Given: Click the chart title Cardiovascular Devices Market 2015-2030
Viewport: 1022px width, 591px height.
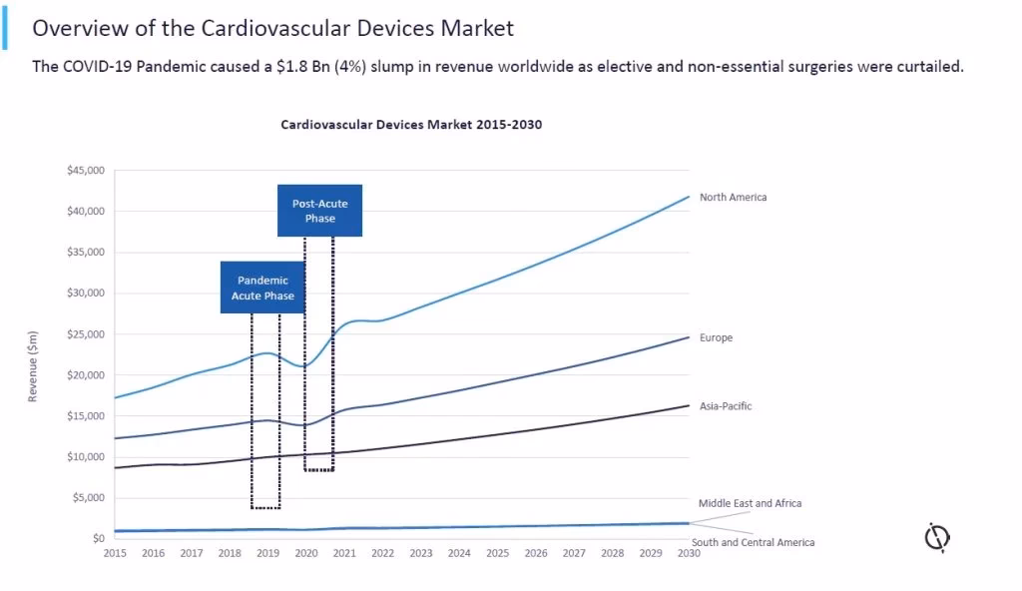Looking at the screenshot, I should pyautogui.click(x=411, y=125).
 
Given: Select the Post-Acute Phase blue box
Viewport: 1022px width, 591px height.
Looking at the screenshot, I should pyautogui.click(x=319, y=211).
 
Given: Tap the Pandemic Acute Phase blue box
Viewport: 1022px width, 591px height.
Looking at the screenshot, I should pyautogui.click(x=262, y=288).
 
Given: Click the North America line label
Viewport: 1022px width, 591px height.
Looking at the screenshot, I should pyautogui.click(x=733, y=198).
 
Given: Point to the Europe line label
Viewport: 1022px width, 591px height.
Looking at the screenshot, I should pyautogui.click(x=716, y=338).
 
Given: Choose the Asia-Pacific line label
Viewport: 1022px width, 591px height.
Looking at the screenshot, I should pyautogui.click(x=726, y=406).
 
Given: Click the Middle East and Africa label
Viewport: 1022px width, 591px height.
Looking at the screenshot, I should pyautogui.click(x=750, y=503).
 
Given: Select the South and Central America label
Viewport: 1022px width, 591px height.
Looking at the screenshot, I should pyautogui.click(x=753, y=542).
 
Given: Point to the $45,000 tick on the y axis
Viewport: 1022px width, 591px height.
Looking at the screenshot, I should pyautogui.click(x=85, y=171).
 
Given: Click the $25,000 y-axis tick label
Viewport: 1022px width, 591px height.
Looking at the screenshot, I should pyautogui.click(x=85, y=334).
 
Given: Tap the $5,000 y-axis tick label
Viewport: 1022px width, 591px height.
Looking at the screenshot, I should pyautogui.click(x=88, y=498).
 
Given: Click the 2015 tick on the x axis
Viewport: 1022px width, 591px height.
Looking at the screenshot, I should pyautogui.click(x=115, y=553).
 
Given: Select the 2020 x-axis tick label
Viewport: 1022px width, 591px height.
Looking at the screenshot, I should pyautogui.click(x=306, y=553).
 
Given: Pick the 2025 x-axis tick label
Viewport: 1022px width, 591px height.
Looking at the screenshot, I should pyautogui.click(x=497, y=553).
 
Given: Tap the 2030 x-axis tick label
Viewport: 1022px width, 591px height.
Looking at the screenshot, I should pyautogui.click(x=689, y=553).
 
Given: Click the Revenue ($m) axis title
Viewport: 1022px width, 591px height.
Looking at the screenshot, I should pyautogui.click(x=33, y=365).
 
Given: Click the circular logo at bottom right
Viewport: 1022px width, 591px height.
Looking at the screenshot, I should pyautogui.click(x=936, y=538).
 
